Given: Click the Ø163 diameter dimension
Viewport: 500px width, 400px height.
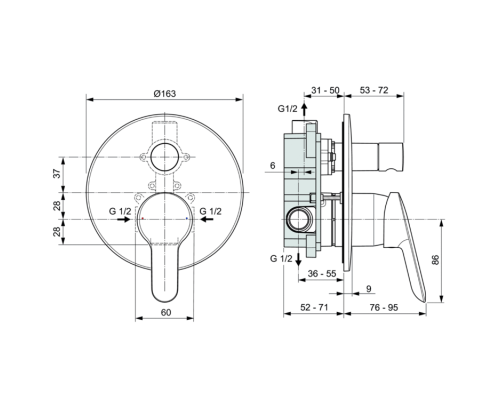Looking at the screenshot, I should click(x=165, y=92).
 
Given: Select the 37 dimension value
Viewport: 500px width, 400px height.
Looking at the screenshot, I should click(x=57, y=173).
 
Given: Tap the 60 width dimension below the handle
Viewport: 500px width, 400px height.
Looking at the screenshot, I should click(x=165, y=313).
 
